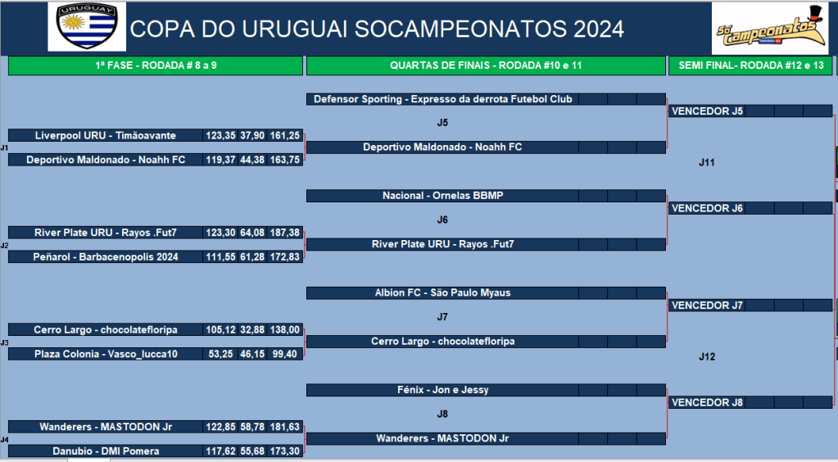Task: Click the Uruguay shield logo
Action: pos(87,26)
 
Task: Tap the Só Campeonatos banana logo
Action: pos(770,29)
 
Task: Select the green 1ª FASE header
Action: pos(156,66)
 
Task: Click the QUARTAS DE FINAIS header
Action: pos(486,66)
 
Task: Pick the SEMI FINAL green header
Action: pos(750,66)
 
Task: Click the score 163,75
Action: pos(285,160)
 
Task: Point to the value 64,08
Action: pos(252,233)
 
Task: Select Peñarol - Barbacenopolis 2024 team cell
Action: pos(106,257)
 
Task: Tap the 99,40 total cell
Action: pos(285,354)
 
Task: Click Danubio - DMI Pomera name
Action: pos(106,451)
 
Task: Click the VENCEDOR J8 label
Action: pos(707,403)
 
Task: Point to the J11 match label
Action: pos(707,162)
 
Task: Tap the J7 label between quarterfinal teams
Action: pos(442,317)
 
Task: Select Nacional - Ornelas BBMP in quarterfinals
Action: pos(442,196)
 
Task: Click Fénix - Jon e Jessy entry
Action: pos(442,390)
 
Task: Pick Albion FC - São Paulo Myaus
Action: pos(442,293)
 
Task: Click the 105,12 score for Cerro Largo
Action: pos(220,330)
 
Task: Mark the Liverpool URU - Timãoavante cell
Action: pos(106,136)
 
